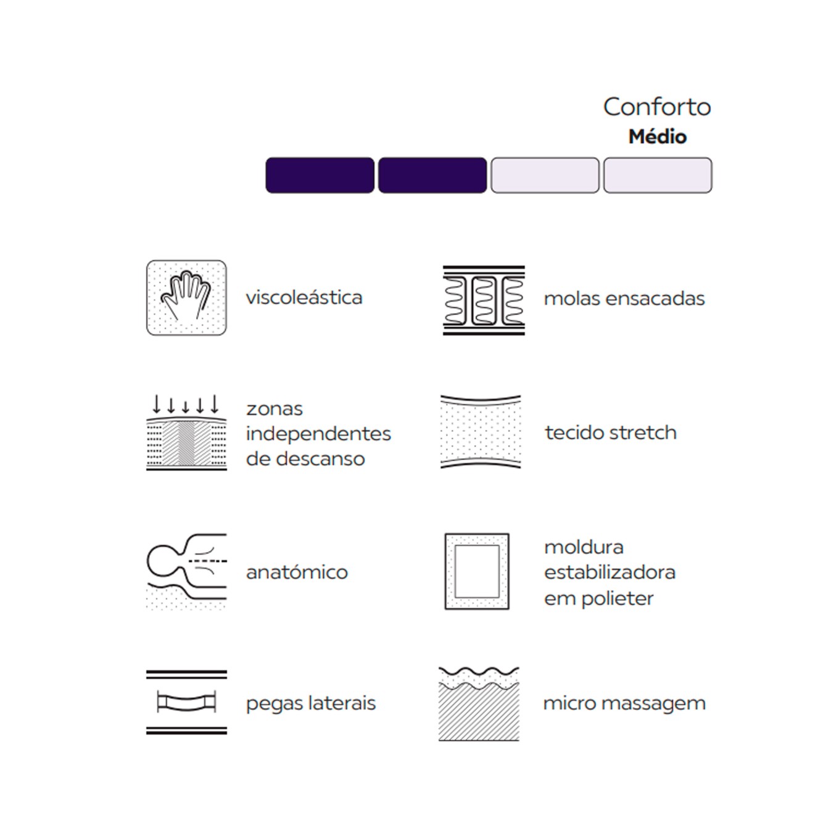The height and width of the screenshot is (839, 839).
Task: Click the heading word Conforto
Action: (x=657, y=107)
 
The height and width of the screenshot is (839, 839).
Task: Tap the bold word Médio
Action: (x=658, y=137)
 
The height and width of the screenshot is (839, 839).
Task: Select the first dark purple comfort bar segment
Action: (x=320, y=175)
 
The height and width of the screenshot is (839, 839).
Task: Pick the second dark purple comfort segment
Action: (x=432, y=175)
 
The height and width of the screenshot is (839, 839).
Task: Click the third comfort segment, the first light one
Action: (x=545, y=175)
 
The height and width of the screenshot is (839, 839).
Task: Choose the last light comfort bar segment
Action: (x=658, y=175)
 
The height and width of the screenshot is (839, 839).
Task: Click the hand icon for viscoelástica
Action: (x=186, y=298)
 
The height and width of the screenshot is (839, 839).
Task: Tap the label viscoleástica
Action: (x=304, y=298)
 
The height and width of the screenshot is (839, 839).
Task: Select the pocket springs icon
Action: (x=484, y=300)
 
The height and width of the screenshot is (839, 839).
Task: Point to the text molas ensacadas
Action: (x=624, y=299)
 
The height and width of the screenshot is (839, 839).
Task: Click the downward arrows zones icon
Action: (x=186, y=432)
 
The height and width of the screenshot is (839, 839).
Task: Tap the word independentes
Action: (x=318, y=434)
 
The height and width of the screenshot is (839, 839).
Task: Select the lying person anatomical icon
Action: (x=186, y=571)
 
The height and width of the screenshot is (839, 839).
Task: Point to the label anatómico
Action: (x=297, y=572)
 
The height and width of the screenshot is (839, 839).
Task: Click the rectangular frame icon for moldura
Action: (x=477, y=571)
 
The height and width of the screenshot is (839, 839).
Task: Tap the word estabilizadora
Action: (x=610, y=572)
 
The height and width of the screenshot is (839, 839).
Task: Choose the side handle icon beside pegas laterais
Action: (x=186, y=703)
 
